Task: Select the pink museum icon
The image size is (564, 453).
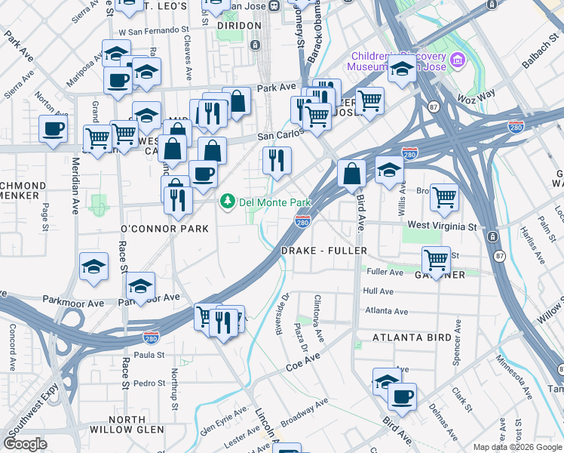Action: (x=455, y=60)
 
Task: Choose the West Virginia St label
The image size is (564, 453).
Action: (x=442, y=226)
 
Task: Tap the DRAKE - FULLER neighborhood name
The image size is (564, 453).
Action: (x=323, y=251)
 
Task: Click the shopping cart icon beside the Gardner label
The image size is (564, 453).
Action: (x=436, y=260)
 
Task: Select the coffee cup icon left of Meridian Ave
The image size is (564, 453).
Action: (x=53, y=129)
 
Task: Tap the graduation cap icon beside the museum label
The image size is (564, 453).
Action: (x=402, y=69)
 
